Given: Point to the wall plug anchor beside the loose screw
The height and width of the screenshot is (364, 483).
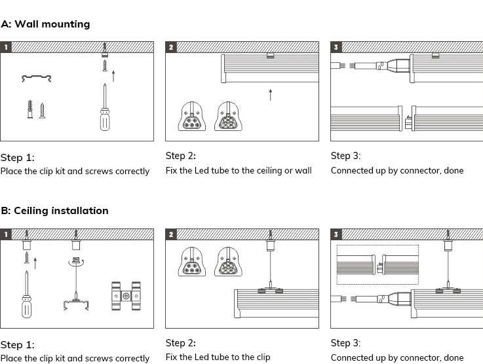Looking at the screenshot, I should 29,109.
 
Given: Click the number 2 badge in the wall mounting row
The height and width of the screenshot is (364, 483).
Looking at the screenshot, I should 171,47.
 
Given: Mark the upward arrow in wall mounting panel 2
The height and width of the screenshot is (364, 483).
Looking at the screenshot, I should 270,94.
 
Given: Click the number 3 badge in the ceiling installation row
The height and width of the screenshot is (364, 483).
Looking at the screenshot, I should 336,234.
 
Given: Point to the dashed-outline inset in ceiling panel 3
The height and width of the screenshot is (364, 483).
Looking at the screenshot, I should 377,265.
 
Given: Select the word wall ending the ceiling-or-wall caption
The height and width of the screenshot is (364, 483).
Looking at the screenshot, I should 303,171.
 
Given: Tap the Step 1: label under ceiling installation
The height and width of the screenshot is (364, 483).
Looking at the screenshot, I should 18,345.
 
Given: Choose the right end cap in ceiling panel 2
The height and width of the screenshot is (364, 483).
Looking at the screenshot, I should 226,261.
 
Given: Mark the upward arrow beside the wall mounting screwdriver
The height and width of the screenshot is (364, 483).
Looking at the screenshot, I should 114,75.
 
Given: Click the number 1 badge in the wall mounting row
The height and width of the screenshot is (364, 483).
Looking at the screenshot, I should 6,47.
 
